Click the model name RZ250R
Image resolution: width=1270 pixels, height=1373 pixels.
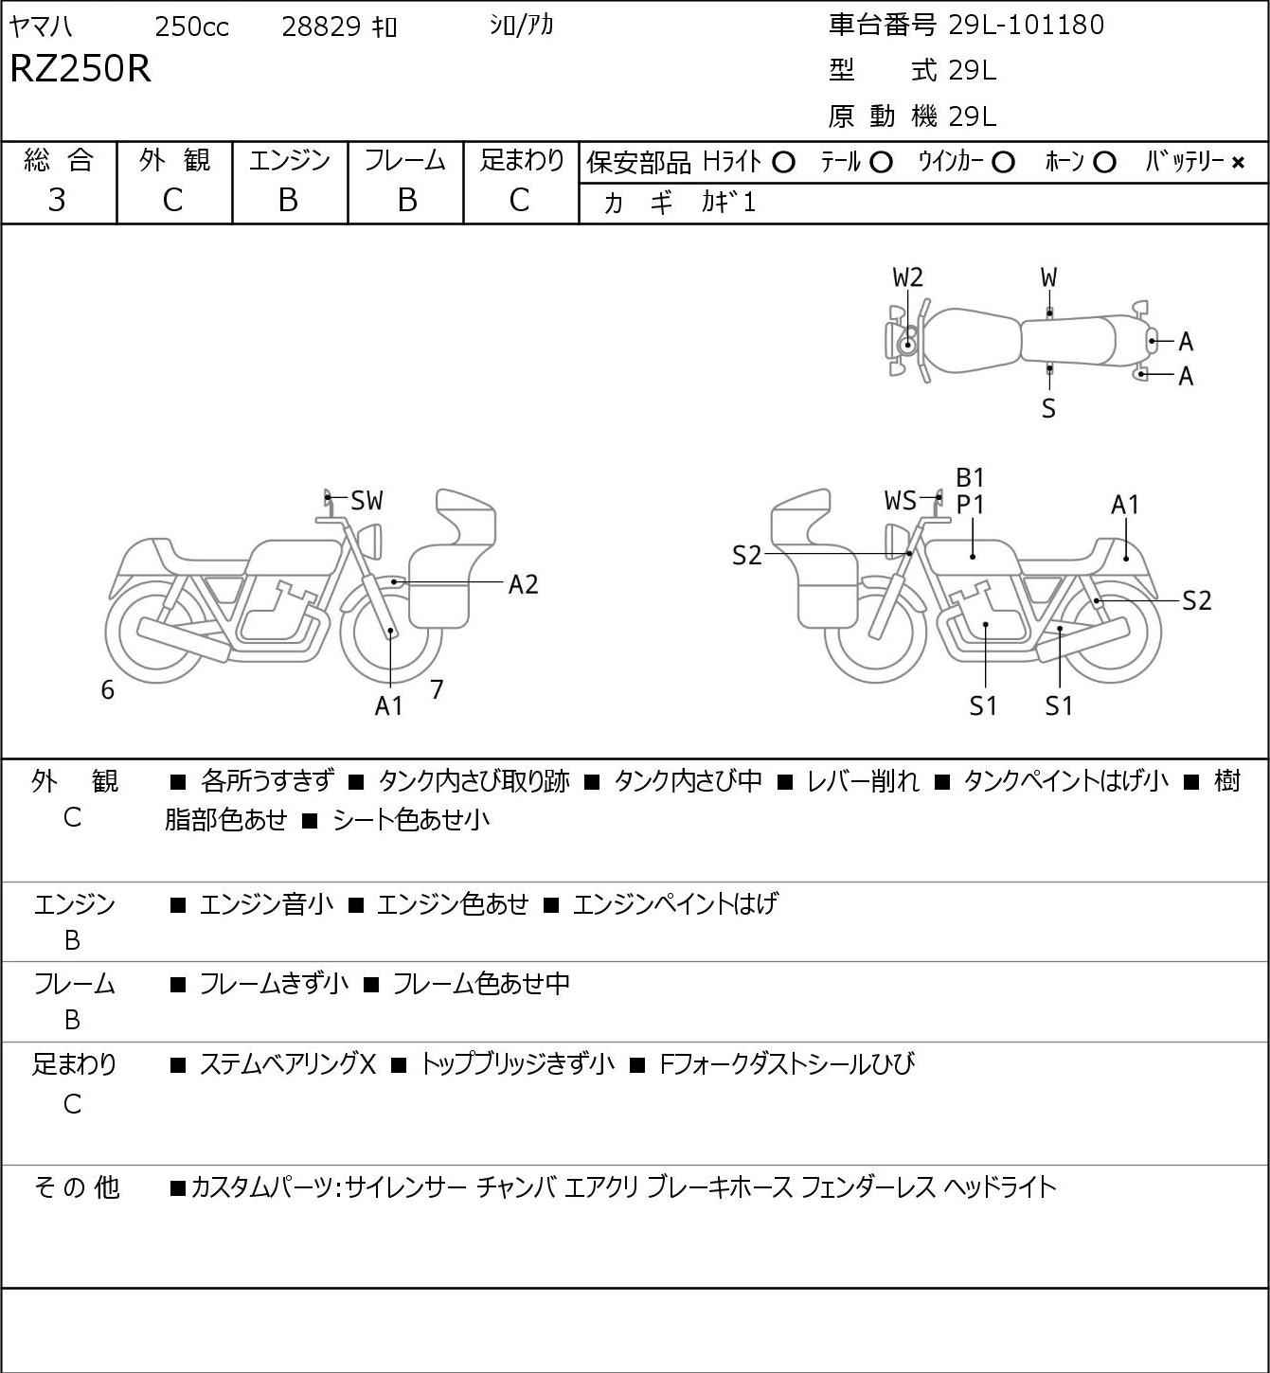click(x=80, y=69)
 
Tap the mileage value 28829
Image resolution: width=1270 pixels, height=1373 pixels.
click(x=321, y=27)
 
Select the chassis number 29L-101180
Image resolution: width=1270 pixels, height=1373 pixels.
click(x=1026, y=25)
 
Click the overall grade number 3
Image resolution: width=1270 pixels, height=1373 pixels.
click(x=57, y=201)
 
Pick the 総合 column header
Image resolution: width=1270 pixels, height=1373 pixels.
click(x=58, y=160)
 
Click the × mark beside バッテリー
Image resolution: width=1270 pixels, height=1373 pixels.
click(x=1238, y=163)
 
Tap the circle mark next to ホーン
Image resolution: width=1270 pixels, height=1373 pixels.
click(x=1104, y=163)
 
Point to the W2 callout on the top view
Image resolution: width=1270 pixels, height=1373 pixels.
click(x=907, y=278)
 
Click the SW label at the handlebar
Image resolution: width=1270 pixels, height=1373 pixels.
click(x=367, y=501)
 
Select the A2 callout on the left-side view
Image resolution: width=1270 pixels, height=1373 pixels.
click(x=523, y=585)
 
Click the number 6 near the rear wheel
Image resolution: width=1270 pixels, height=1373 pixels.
click(x=107, y=690)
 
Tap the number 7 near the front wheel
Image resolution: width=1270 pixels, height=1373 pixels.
click(x=437, y=689)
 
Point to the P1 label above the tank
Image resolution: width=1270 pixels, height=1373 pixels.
click(x=970, y=506)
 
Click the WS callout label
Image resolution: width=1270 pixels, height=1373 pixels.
click(x=901, y=501)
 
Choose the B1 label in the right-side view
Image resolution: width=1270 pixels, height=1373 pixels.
click(x=970, y=478)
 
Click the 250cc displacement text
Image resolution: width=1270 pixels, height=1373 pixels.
click(x=191, y=27)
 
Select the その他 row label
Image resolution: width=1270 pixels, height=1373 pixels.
click(x=77, y=1187)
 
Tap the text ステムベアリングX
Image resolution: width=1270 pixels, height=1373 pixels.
click(x=288, y=1064)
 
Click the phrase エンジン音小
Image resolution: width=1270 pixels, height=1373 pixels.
click(x=266, y=904)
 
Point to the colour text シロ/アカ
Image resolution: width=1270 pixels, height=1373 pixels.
click(x=522, y=26)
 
